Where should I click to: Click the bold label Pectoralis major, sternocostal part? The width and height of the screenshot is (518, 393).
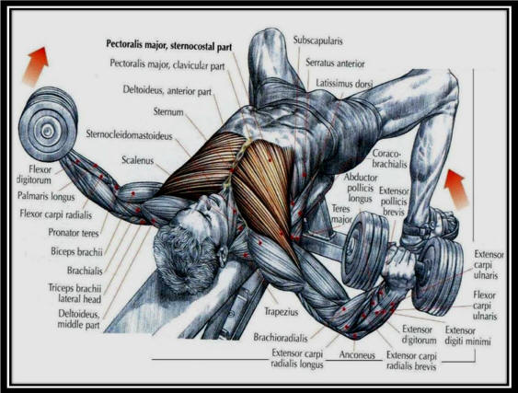(x=168, y=46)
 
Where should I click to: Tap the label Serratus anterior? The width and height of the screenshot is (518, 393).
(x=335, y=63)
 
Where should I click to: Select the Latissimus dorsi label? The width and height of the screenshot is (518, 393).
(x=344, y=83)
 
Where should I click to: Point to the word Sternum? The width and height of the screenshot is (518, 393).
(x=168, y=111)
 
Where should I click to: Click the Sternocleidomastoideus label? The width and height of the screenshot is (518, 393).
(x=129, y=135)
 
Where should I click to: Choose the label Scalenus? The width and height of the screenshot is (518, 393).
(x=138, y=160)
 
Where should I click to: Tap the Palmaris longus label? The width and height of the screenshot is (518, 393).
(x=46, y=196)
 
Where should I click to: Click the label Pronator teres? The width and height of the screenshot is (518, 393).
(x=74, y=233)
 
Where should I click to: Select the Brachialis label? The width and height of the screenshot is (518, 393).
(x=85, y=271)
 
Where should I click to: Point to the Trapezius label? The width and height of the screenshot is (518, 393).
(x=282, y=312)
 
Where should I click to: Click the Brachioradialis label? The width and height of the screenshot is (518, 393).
(x=281, y=337)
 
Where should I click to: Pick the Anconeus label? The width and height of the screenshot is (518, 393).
(x=357, y=355)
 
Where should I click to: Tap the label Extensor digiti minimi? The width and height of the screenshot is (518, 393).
(x=467, y=335)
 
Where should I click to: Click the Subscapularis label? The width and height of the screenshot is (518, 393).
(x=317, y=40)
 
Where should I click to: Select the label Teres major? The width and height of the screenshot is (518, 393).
(x=340, y=214)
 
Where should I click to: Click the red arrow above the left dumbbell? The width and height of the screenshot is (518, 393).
(x=36, y=66)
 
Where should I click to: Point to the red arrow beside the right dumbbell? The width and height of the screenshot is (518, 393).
(x=456, y=190)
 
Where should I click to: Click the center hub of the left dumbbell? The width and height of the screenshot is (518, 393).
(x=47, y=132)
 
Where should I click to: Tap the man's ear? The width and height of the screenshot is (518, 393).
(x=223, y=252)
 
